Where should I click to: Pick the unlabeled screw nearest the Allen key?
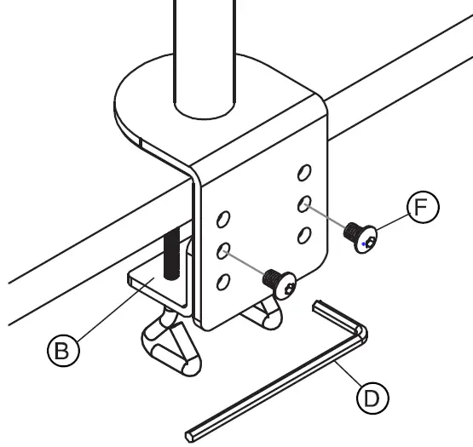coord(281,282)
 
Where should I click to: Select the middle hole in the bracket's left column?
coord(223,250)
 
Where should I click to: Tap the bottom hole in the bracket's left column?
coord(223,281)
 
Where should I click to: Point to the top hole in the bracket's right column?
coord(302,173)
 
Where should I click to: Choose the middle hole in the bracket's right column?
coord(303,203)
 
